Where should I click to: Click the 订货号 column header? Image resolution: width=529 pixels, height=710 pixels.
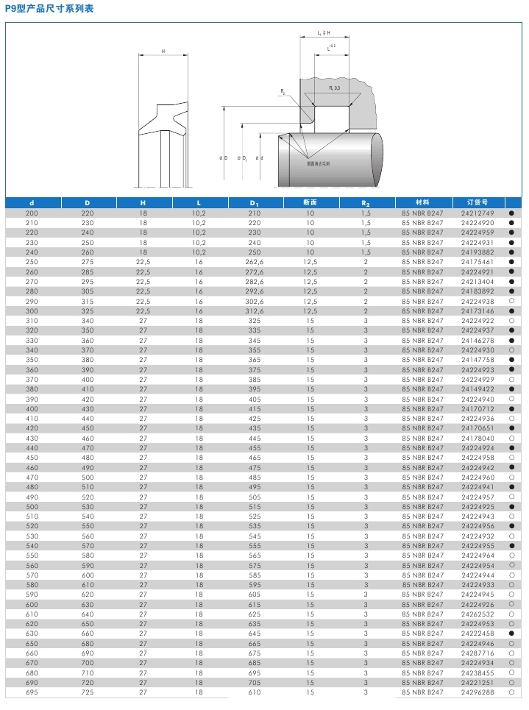pos(477,202)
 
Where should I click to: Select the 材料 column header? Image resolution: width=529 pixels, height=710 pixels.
pos(422,202)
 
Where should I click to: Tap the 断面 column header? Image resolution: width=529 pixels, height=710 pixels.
pos(310,202)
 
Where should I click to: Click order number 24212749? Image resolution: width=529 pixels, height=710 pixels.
pos(477,213)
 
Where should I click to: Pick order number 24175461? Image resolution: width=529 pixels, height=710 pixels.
pos(477,262)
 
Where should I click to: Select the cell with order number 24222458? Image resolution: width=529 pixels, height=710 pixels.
pos(477,633)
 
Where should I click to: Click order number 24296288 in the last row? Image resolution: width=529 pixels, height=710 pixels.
pos(477,692)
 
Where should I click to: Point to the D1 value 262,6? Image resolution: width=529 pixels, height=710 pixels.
pos(255,262)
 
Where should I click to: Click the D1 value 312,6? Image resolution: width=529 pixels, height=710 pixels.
pos(255,311)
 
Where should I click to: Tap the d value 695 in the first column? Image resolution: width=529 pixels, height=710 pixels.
pos(32,692)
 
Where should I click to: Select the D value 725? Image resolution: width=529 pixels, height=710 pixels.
pos(88,692)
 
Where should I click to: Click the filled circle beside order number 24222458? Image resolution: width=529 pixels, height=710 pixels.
pos(510,633)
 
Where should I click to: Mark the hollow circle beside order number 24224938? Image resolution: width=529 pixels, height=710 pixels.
pos(510,302)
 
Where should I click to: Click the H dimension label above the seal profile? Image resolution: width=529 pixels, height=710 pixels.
pos(162,52)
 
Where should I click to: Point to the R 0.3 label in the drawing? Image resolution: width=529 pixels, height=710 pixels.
pos(333,88)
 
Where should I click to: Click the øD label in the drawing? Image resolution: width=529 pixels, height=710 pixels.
pos(222,158)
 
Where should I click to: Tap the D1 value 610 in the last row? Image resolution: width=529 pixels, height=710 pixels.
pos(255,692)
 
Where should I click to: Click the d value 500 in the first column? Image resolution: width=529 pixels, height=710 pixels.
pos(32,507)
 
